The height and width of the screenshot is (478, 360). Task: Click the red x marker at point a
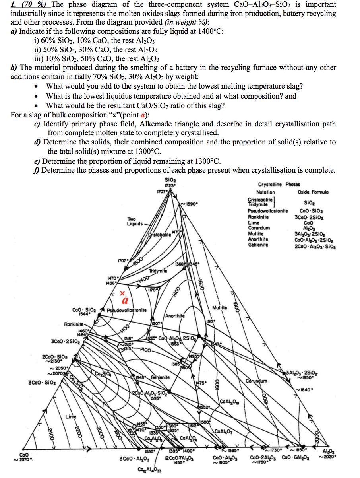122,293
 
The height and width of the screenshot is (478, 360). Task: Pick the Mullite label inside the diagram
219,308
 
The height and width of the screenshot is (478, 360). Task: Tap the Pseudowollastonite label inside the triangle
127,310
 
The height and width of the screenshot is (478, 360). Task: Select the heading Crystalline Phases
279,184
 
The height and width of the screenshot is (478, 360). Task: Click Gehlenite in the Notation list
258,245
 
